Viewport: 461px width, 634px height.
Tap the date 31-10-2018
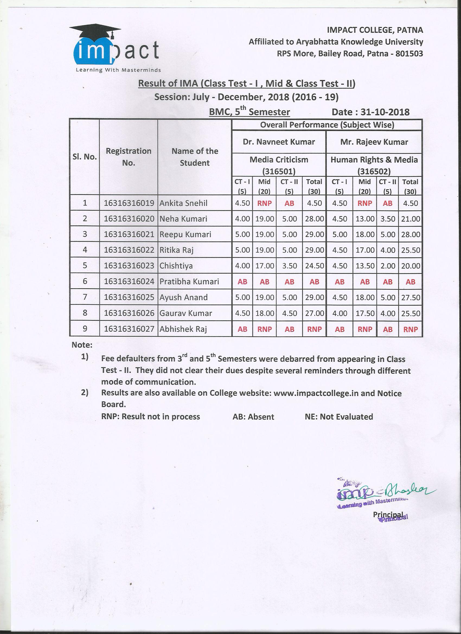click(x=385, y=112)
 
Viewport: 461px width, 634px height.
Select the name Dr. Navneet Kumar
click(x=279, y=142)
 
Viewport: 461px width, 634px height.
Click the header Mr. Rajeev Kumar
click(x=374, y=142)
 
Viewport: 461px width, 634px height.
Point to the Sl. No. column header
click(x=84, y=156)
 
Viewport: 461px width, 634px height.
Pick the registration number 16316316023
click(x=129, y=265)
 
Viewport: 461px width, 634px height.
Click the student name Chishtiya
click(x=176, y=265)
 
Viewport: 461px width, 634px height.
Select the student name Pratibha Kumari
click(x=189, y=281)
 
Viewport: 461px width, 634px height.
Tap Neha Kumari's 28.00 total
click(x=314, y=219)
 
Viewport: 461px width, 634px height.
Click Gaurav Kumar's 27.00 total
click(x=314, y=313)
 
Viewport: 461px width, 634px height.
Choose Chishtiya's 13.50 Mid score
click(x=364, y=265)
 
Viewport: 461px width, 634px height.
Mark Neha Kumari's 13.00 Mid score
click(x=364, y=219)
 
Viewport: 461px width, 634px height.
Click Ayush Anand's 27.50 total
click(x=410, y=297)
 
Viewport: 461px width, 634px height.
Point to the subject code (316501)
click(x=279, y=171)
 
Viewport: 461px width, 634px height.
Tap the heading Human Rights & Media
click(x=374, y=160)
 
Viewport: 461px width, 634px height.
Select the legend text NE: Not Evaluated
click(x=339, y=417)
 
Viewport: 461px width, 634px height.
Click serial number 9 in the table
click(x=85, y=329)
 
